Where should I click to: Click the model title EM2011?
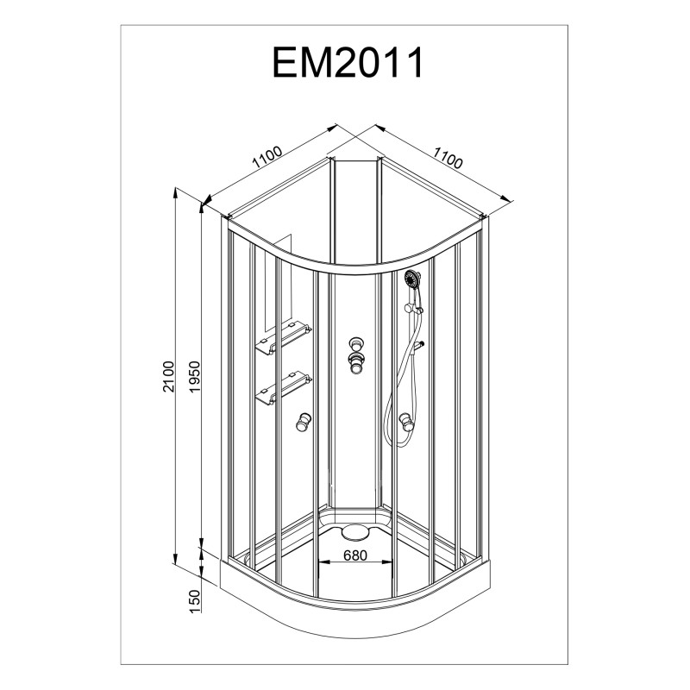pos(348,64)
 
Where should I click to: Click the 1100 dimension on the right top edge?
pos(448,160)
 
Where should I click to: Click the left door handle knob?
pos(303,423)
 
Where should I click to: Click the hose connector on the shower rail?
pos(420,345)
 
